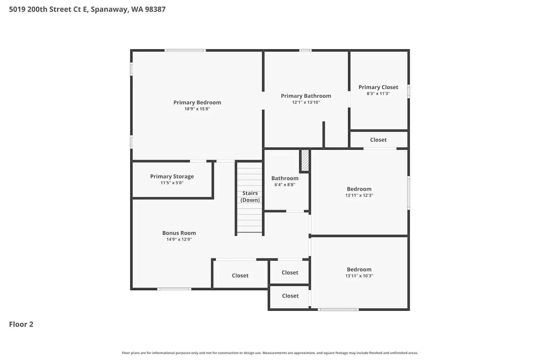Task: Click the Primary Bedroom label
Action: (197, 103)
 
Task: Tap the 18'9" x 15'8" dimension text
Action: (197, 109)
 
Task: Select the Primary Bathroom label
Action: (306, 96)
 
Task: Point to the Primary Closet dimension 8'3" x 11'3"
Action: (378, 94)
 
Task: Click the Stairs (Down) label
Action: (250, 197)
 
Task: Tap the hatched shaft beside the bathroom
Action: (305, 161)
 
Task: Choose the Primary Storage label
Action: (172, 176)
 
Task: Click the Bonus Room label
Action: (179, 233)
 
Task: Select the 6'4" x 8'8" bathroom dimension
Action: (284, 185)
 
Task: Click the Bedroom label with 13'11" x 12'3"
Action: (359, 189)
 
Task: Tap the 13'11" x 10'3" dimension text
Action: (359, 276)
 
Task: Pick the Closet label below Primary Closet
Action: (378, 140)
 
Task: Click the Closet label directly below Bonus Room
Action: (240, 275)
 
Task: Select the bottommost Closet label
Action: (290, 296)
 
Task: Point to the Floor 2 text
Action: (21, 324)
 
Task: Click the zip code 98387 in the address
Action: (155, 9)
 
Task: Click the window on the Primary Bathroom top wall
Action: (305, 50)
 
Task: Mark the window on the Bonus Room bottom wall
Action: (174, 289)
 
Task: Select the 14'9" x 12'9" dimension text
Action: (179, 239)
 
